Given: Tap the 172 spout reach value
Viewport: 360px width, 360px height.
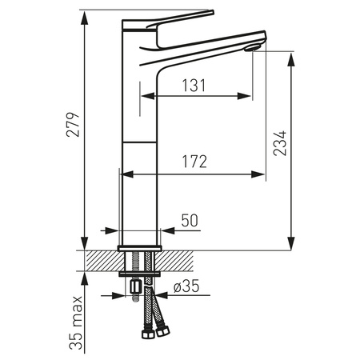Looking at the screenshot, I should tap(192, 162).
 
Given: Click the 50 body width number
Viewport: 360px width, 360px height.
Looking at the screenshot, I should tap(190, 219).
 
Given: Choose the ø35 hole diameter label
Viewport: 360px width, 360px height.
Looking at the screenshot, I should tap(186, 286).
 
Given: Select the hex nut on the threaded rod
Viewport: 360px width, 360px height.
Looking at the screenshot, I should tap(134, 286).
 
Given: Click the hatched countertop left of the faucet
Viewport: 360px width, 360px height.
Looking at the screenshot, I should tap(100, 261).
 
